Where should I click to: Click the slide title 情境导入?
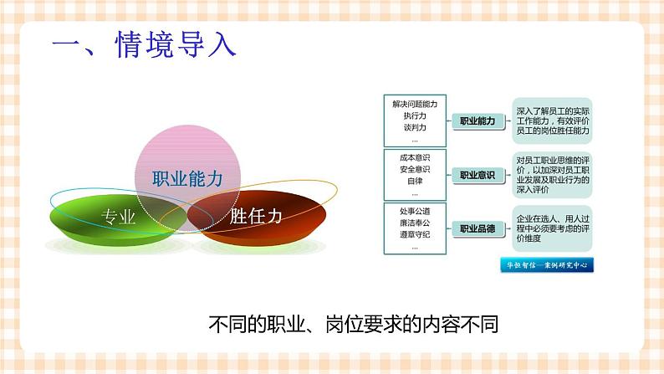point(144,44)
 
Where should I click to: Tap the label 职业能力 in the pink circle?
point(187,178)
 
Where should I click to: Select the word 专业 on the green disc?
point(118,217)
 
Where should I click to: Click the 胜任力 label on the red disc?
point(256,216)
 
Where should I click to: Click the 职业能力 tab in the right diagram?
point(478,121)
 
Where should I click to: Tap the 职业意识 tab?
point(478,175)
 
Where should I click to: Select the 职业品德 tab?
point(478,228)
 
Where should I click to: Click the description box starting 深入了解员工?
point(553,120)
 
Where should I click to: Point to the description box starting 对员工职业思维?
point(553,174)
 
